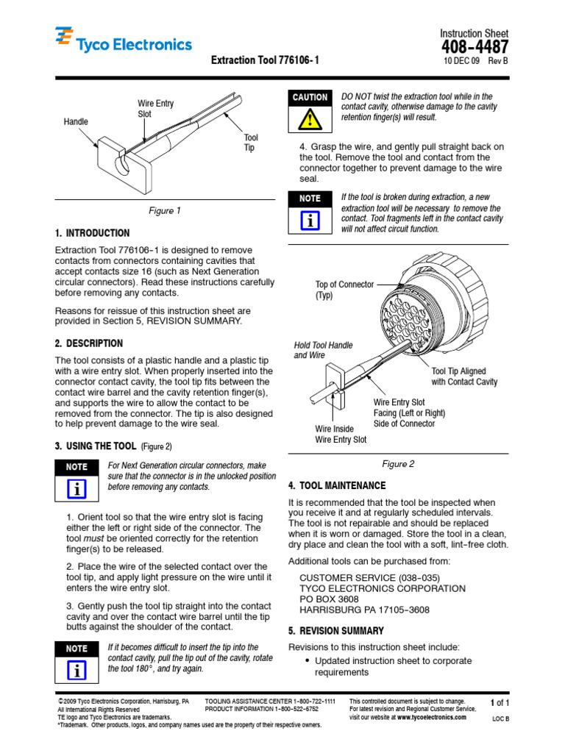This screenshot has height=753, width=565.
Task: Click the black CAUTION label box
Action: (310, 97)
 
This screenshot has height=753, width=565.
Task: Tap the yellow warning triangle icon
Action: (310, 118)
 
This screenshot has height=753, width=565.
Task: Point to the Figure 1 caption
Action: (165, 211)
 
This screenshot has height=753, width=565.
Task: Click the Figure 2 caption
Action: (398, 464)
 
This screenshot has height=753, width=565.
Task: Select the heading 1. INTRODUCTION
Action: (92, 233)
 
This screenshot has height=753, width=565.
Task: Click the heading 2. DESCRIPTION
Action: (89, 343)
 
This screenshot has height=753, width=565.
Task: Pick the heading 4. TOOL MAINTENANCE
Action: (336, 486)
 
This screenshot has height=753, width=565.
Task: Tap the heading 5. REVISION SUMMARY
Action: (335, 631)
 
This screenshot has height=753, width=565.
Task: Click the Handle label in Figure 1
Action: (76, 121)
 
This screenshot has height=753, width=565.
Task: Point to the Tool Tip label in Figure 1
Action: (251, 143)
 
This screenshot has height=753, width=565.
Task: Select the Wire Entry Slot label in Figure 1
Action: (156, 110)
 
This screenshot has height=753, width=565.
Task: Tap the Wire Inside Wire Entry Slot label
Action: (341, 435)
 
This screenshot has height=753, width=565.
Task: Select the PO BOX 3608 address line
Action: (329, 599)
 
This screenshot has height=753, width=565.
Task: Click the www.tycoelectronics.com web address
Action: (430, 717)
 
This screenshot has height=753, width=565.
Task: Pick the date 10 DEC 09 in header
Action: (461, 62)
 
